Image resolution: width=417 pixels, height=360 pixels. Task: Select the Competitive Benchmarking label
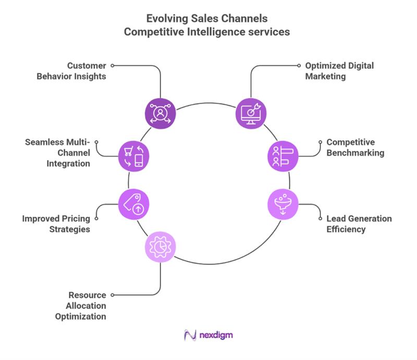click(x=354, y=147)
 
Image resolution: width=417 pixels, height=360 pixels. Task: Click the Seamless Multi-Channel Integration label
click(x=58, y=153)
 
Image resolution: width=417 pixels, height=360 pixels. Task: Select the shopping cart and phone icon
click(x=134, y=155)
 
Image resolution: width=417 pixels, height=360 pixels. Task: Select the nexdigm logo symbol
click(x=190, y=336)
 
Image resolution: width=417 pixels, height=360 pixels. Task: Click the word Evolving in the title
click(x=168, y=19)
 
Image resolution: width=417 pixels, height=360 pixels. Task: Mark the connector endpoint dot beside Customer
click(x=113, y=66)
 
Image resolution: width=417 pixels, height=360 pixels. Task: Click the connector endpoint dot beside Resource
click(x=113, y=294)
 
